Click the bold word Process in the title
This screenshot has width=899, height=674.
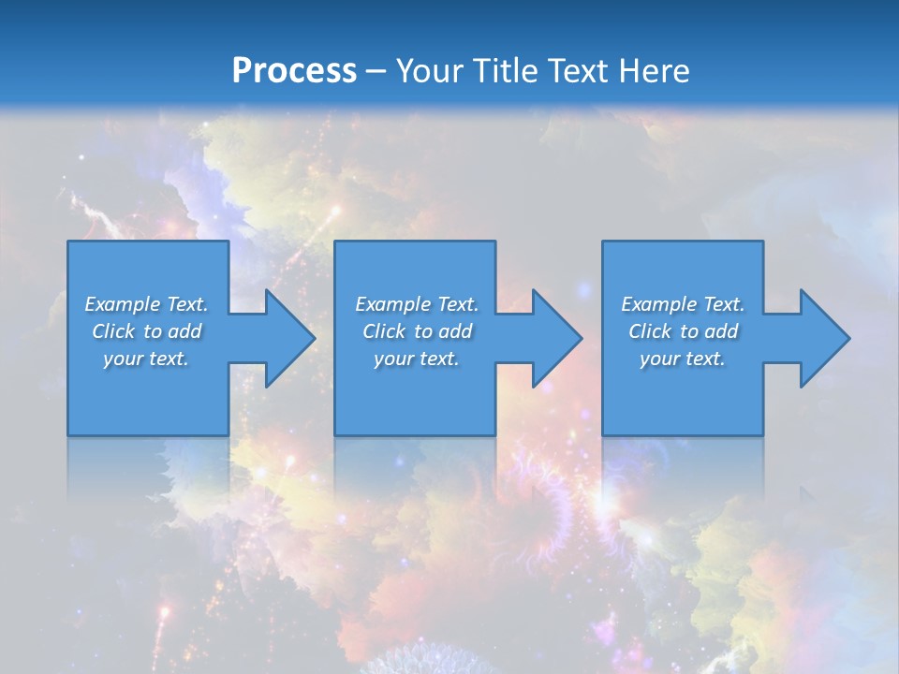click(x=294, y=70)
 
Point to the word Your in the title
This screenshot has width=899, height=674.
click(x=430, y=70)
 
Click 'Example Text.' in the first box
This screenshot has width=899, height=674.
click(x=146, y=304)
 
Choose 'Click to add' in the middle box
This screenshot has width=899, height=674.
click(x=417, y=331)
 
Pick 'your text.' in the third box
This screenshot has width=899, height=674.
click(x=682, y=359)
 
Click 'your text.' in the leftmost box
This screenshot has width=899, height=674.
click(x=146, y=359)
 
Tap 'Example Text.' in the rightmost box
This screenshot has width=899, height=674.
click(x=683, y=304)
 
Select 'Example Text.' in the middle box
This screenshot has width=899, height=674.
click(x=417, y=304)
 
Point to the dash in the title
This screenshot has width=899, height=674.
click(x=376, y=71)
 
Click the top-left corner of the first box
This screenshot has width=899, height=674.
click(x=69, y=242)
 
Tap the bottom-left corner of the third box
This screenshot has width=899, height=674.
click(x=604, y=433)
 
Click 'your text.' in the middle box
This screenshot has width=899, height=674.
click(x=416, y=359)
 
